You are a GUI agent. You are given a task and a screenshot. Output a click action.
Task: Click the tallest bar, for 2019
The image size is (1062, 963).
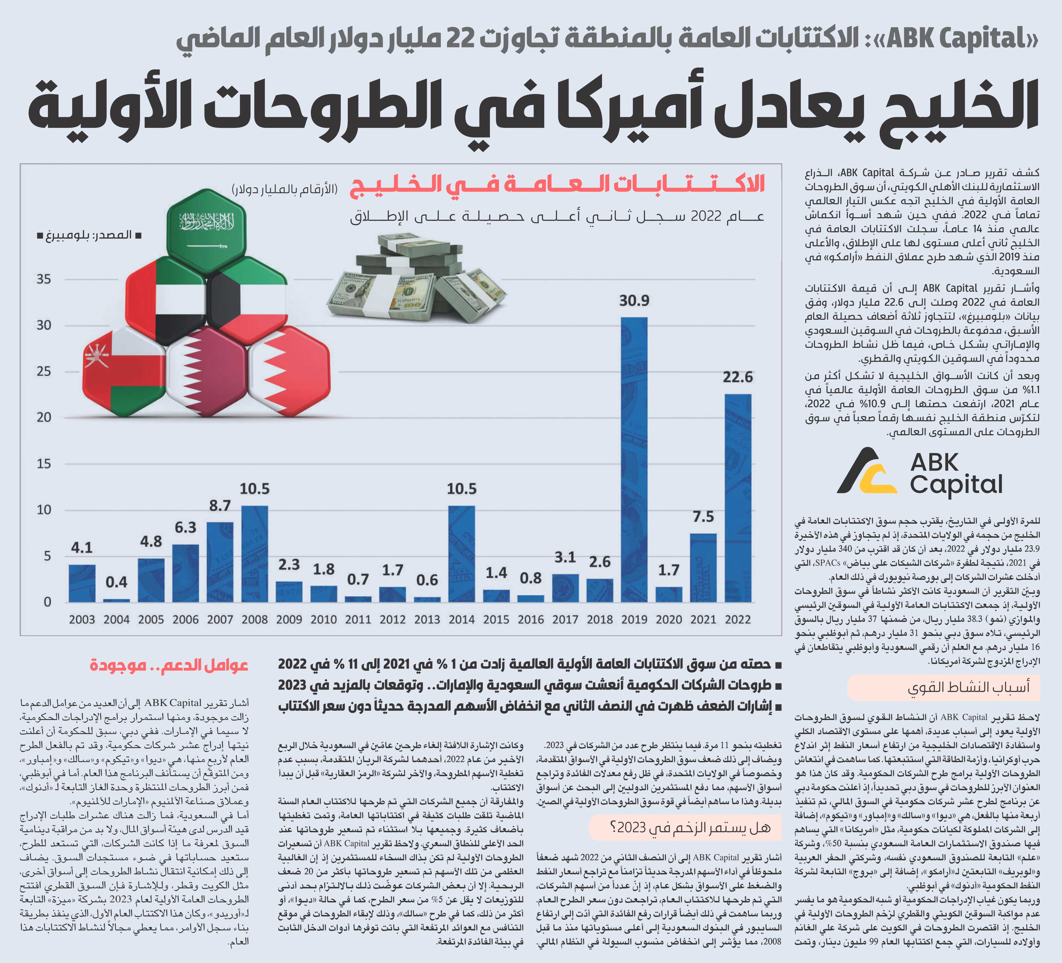click(634, 460)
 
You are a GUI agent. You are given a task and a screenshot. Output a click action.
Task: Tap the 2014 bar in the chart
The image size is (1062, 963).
click(462, 554)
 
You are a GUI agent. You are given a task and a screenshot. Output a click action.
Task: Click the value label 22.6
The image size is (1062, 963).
click(737, 378)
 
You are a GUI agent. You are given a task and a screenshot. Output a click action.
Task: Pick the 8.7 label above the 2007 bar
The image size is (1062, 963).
click(220, 506)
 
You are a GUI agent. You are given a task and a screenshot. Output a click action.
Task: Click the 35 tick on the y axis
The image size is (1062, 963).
click(44, 279)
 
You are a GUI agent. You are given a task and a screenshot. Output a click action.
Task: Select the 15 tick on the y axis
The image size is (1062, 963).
click(44, 464)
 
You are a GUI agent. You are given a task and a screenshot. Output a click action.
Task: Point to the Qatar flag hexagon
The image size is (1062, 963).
click(207, 365)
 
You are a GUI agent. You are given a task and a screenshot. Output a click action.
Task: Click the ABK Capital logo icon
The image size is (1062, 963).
click(867, 470)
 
